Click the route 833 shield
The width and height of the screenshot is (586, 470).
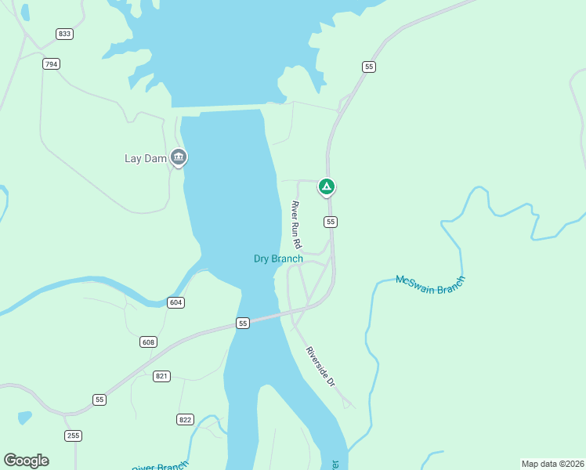coord(64,34)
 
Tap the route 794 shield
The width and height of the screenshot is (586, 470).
coord(52,64)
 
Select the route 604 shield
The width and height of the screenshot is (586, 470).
coord(175,302)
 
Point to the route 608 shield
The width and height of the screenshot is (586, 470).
coord(148,342)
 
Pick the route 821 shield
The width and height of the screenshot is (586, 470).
coord(161,376)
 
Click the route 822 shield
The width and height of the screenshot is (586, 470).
coord(185,419)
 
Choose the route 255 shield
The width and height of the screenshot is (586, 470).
coord(73,436)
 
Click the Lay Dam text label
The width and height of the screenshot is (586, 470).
coord(146,158)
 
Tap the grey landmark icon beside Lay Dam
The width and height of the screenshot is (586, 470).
coord(179,157)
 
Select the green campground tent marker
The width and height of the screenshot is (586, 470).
coord(327,186)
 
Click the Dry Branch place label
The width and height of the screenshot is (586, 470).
coord(278,258)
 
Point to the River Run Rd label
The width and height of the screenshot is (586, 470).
coord(296,225)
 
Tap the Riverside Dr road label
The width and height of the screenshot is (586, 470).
coord(320,366)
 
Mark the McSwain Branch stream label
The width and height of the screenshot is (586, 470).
coord(430,284)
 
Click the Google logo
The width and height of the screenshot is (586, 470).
coord(26,461)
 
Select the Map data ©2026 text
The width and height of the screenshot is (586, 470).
coord(552,464)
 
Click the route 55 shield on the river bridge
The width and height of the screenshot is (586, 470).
coord(243,323)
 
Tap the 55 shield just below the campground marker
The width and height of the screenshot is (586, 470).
coord(331,222)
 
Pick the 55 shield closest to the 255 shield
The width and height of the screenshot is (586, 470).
coord(99,399)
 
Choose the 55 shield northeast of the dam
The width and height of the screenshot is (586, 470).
coord(368,67)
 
